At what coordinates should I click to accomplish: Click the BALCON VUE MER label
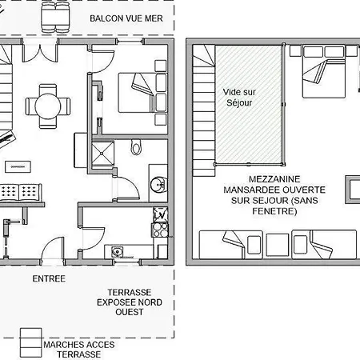pos(126,18)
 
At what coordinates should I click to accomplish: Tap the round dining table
pos(48,106)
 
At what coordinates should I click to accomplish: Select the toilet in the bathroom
pos(136,146)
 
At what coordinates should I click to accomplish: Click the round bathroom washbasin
pos(158,184)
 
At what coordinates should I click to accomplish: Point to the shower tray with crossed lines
pos(102,154)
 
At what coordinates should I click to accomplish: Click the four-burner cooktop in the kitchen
pos(160,230)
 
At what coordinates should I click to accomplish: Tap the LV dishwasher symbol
pos(160,215)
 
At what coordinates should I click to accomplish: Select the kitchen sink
pos(117,251)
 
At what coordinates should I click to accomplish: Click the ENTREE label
pos(49,278)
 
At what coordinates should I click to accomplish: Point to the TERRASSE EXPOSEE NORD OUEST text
pos(130,302)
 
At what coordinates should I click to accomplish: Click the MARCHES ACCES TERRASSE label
pos(79,350)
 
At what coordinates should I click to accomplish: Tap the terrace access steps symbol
pos(31,342)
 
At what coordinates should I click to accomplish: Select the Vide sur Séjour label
pos(239,98)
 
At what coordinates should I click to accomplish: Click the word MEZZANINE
pos(274,179)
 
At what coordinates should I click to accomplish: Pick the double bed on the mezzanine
pos(324,71)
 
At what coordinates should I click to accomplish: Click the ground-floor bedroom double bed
pos(143,93)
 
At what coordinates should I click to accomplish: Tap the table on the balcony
pos(55,17)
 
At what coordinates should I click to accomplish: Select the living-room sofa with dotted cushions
pos(21,193)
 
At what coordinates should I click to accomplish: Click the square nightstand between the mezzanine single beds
pos(278,245)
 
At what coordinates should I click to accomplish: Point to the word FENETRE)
pos(274,211)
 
